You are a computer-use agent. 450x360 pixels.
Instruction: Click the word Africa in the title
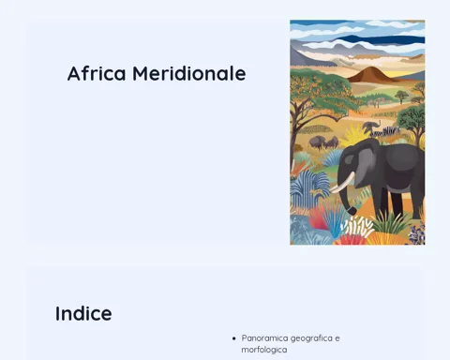[x=97, y=73]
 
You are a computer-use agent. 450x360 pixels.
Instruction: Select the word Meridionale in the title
[x=189, y=73]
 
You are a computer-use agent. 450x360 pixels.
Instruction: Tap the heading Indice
[x=83, y=313]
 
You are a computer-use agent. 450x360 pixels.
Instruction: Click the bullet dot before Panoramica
[x=234, y=338]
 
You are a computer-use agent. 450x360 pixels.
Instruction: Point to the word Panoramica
[x=264, y=338]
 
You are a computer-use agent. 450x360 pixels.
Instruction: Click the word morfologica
[x=264, y=350]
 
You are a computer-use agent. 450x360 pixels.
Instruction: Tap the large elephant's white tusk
[x=343, y=184]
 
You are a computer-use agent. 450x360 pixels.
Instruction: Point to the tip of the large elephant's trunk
[x=352, y=212]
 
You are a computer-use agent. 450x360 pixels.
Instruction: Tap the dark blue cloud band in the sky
[x=382, y=39]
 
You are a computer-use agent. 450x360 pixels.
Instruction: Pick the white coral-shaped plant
[x=359, y=226]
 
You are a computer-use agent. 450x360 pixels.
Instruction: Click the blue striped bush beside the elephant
[x=307, y=187]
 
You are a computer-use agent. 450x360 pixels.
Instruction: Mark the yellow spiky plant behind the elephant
[x=353, y=135]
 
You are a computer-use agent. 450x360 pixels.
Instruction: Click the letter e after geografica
[x=337, y=338]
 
